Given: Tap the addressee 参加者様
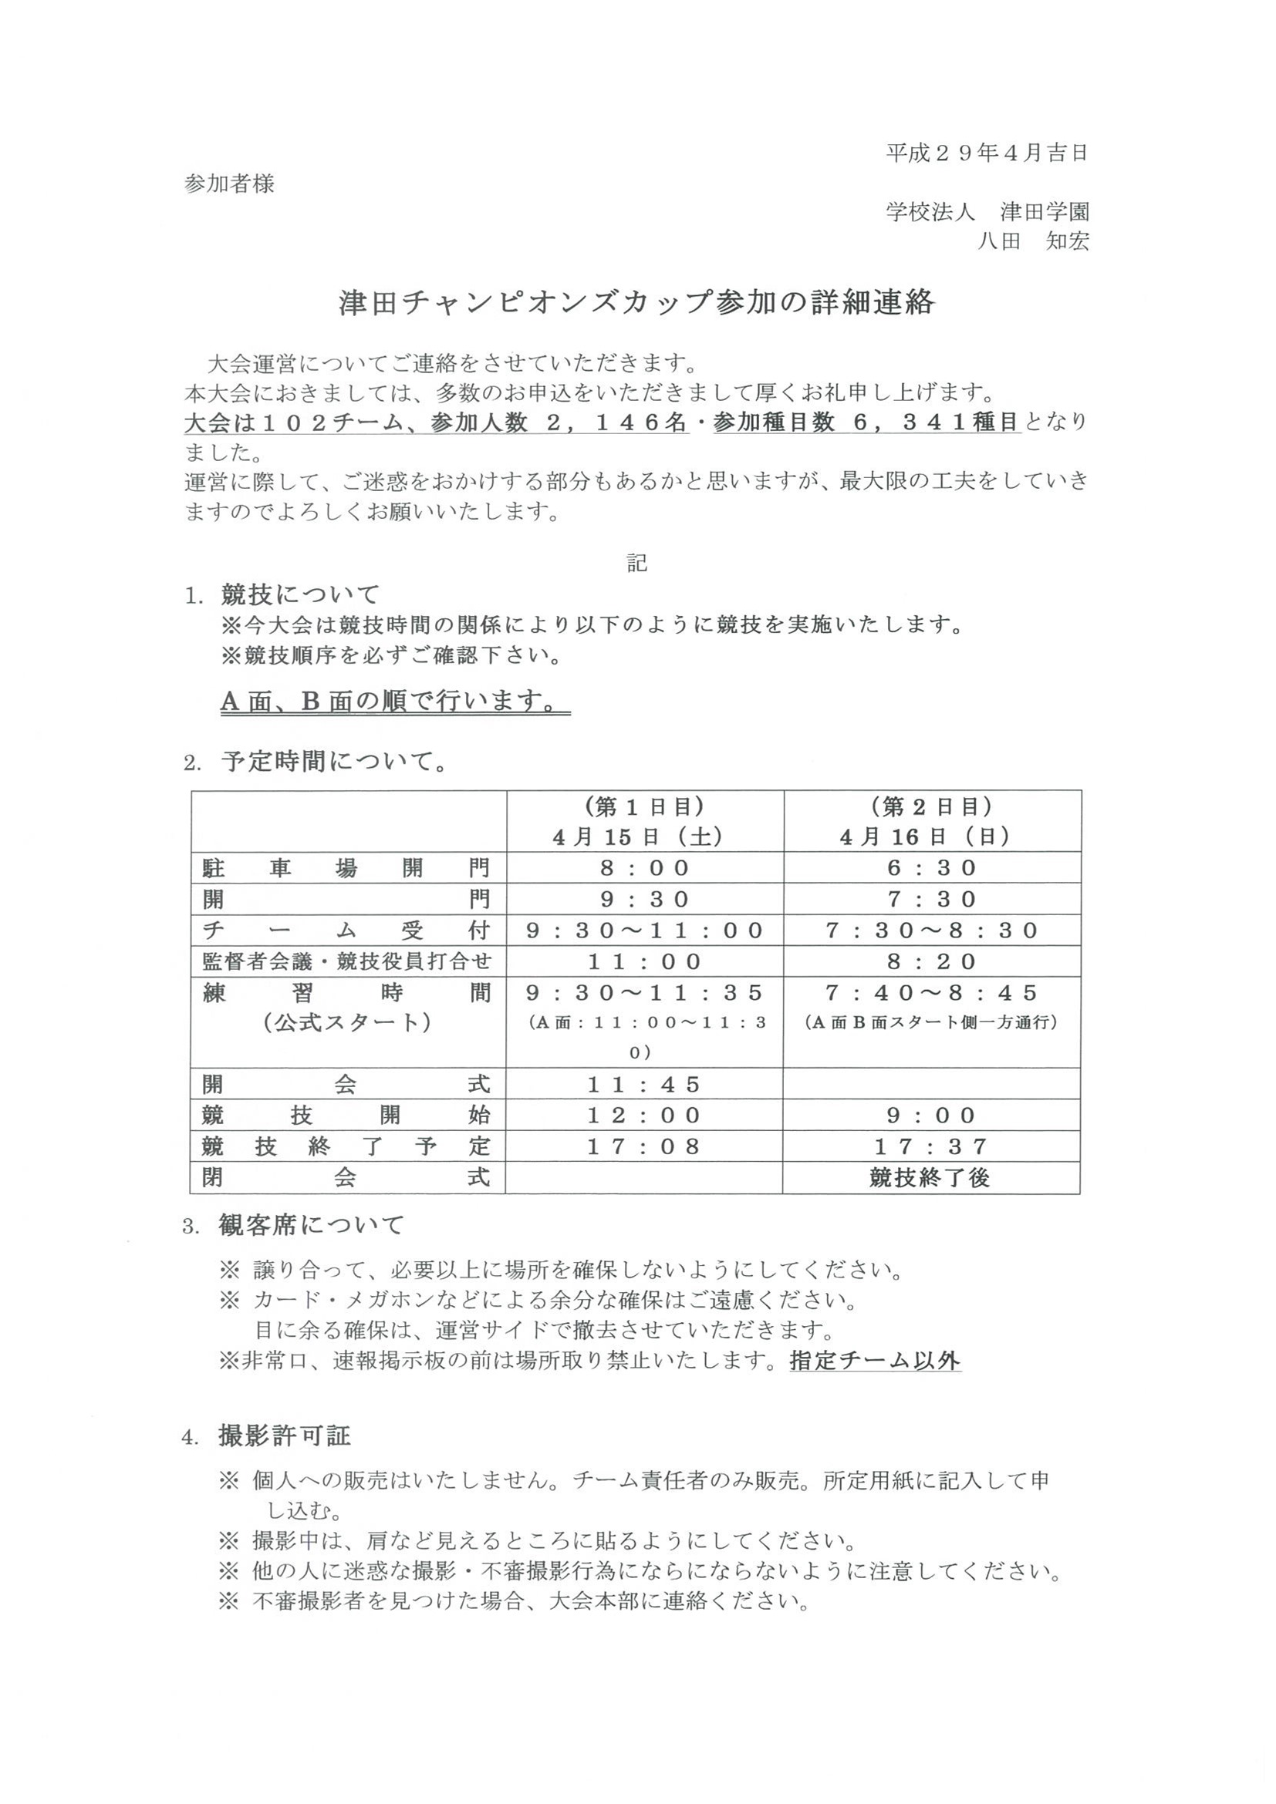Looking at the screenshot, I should pos(230,183).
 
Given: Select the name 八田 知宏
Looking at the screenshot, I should pos(1032,241).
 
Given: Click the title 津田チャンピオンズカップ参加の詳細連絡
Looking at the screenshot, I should pos(636,302).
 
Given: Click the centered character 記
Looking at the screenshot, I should pos(636,563).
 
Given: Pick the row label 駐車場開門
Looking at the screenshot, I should pos(346,868).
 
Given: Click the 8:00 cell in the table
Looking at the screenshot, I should pos(644,868).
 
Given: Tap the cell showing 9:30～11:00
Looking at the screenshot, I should pos(644,931).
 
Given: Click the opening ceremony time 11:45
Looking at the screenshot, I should pos(644,1085).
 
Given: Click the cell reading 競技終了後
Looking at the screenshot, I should pos(930,1178).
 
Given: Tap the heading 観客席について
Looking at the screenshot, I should pos(312,1225).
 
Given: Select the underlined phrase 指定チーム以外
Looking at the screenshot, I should pos(874,1361).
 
